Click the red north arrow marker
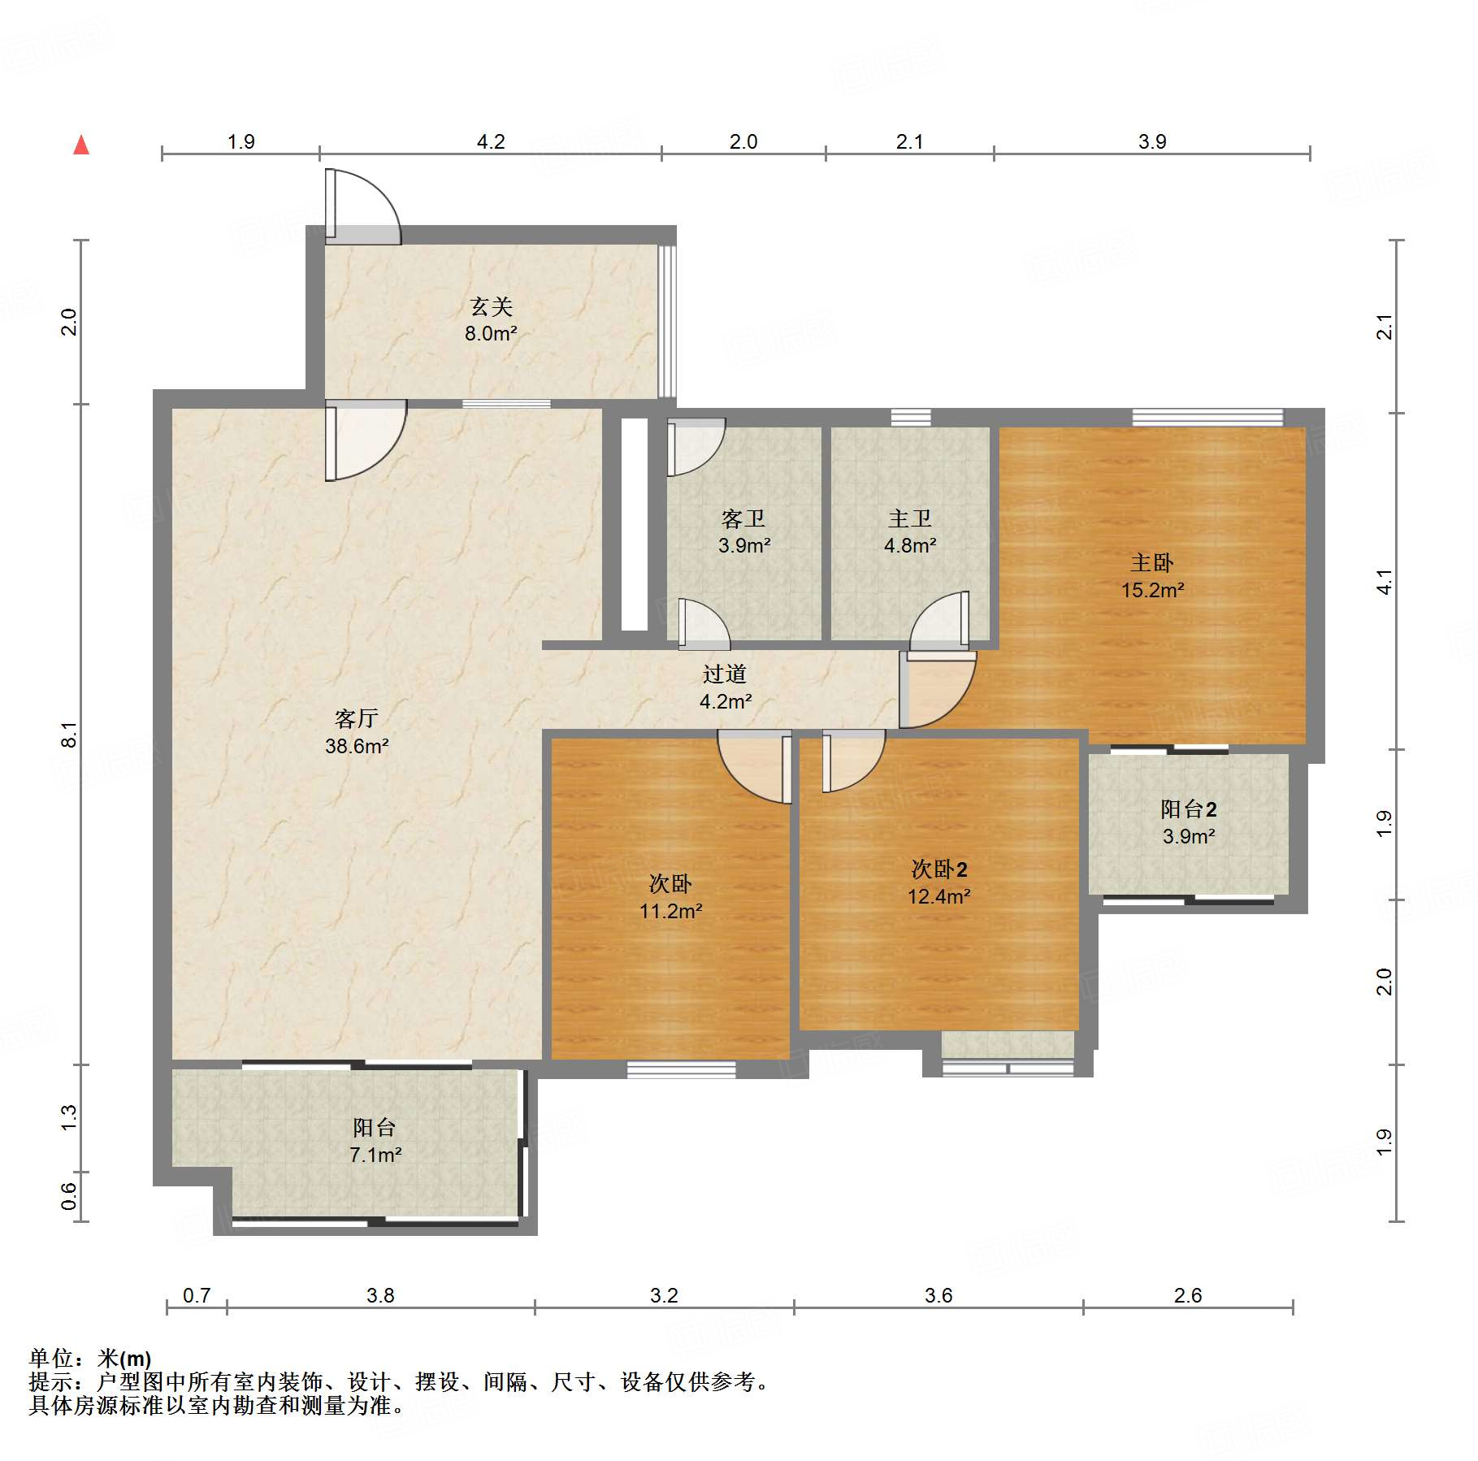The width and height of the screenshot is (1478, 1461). [81, 145]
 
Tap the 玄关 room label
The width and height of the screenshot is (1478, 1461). [492, 306]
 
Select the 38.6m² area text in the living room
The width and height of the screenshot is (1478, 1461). [357, 746]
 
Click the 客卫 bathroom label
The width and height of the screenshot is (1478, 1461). [743, 518]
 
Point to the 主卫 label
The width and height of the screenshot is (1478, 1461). [910, 518]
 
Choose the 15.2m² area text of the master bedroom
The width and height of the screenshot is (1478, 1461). [1152, 591]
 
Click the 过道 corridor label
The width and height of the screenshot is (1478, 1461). [725, 674]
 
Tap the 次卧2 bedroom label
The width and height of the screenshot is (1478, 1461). [939, 869]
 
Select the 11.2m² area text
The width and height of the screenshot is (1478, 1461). [670, 912]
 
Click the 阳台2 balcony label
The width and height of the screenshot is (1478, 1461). [1189, 809]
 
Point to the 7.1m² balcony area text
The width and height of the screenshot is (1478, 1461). [375, 1155]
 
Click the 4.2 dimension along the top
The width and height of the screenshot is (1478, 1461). [491, 141]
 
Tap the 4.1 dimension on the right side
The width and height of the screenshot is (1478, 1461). [1384, 582]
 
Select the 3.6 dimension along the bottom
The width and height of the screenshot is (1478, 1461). [938, 1295]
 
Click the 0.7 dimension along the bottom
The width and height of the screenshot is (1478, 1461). [197, 1295]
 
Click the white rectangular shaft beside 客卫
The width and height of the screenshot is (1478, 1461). [635, 524]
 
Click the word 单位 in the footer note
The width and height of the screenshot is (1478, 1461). [51, 1358]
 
